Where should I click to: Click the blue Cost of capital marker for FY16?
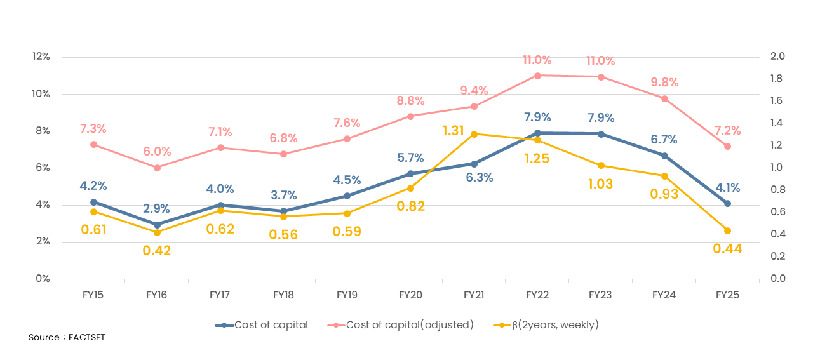(x=157, y=225)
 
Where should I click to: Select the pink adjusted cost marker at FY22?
(x=537, y=76)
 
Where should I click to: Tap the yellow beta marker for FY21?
(x=474, y=134)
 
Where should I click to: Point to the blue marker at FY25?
(x=727, y=204)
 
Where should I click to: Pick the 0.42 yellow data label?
(x=156, y=250)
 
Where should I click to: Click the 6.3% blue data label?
(x=479, y=178)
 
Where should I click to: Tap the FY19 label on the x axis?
(x=347, y=295)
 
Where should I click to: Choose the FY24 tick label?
(x=664, y=295)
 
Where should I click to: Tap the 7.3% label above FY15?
(x=93, y=129)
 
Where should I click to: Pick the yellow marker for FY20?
(x=410, y=188)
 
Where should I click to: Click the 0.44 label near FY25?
(x=727, y=249)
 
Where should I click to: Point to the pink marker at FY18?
(x=283, y=154)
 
